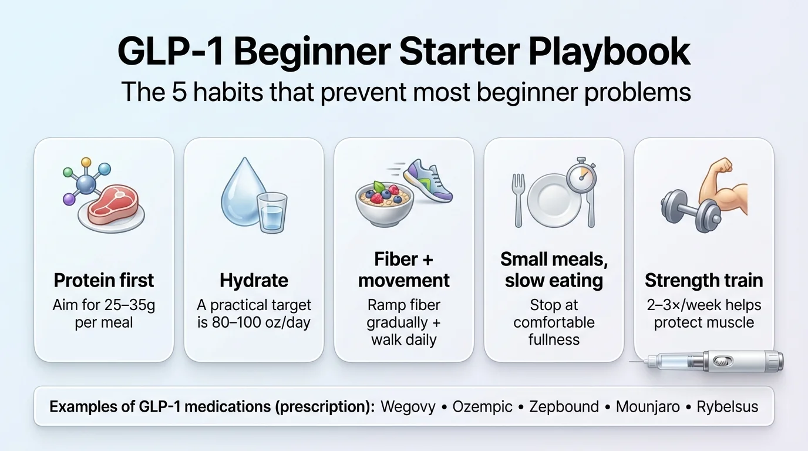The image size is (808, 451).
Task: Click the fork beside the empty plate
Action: pos(518,200)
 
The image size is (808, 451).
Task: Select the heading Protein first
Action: pos(104,281)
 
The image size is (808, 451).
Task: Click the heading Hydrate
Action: pos(254,281)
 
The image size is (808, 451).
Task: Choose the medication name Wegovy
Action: pos(408,406)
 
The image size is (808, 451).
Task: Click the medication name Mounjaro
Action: pos(647,406)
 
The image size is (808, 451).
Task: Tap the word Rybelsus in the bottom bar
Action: pos(727,406)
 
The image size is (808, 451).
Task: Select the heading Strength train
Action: pos(703,281)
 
